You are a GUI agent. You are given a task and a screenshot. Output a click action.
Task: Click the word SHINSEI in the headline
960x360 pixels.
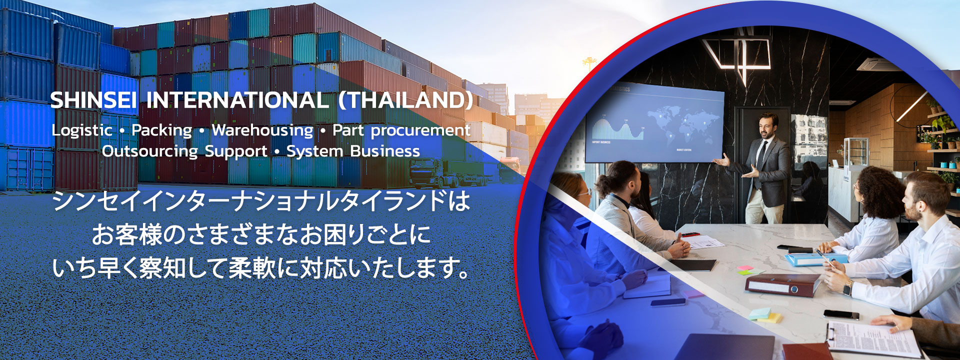(93, 100)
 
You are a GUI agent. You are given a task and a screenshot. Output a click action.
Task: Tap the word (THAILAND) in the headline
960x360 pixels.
(405, 100)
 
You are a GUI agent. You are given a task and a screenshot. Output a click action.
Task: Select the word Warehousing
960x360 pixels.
(262, 130)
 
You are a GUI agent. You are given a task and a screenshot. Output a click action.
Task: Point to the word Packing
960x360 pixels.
(161, 130)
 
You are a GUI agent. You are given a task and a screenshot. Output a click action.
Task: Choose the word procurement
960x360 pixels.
(420, 130)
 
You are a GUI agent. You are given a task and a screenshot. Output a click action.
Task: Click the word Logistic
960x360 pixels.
(82, 130)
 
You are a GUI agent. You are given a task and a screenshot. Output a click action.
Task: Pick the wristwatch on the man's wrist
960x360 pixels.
(847, 287)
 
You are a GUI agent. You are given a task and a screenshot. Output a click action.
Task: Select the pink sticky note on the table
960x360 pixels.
(745, 268)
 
